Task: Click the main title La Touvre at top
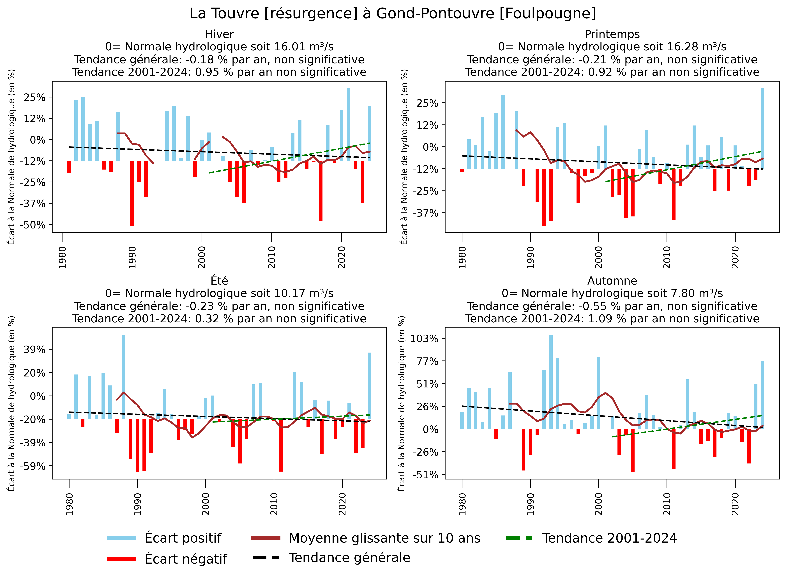click(x=393, y=14)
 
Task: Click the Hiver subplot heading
click(x=219, y=34)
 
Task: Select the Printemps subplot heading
click(x=612, y=34)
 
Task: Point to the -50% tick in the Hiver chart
click(x=33, y=225)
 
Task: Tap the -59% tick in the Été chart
click(x=33, y=466)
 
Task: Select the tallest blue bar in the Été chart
click(x=123, y=377)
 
